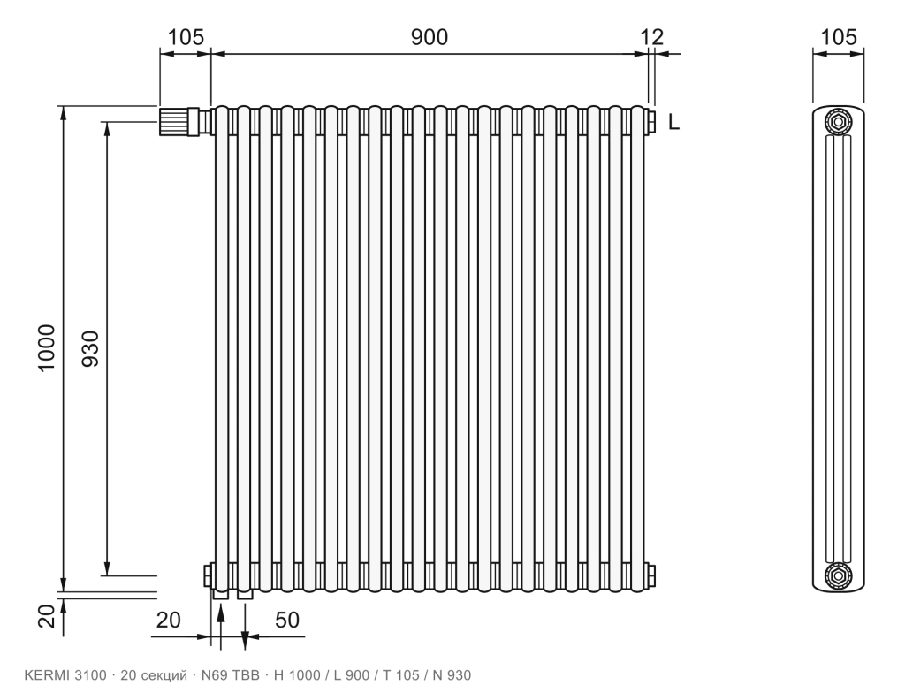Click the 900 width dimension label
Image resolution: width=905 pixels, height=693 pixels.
[x=429, y=37]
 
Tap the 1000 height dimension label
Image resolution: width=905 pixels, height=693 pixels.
[x=47, y=347]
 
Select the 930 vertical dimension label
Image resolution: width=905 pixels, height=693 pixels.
[x=91, y=349]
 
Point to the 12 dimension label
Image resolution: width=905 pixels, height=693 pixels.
[x=652, y=37]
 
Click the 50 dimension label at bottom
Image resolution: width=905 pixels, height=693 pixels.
[x=287, y=621]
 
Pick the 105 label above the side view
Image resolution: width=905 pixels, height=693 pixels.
[x=838, y=37]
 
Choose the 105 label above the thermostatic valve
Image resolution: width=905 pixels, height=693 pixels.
[x=186, y=37]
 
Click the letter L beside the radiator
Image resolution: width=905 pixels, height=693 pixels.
[x=674, y=122]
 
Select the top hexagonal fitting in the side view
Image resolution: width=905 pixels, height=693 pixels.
[x=838, y=122]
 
